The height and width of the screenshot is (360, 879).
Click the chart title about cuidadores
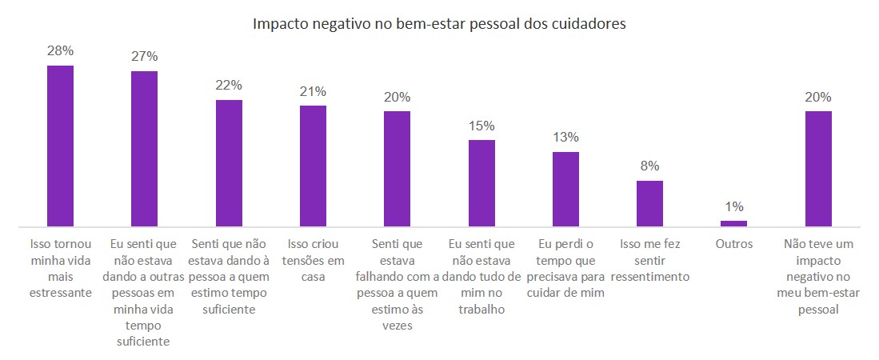coord(439,24)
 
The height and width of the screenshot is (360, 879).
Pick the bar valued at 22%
coord(229,163)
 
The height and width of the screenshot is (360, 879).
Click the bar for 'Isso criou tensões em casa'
coord(313,166)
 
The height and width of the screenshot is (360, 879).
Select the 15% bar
coord(481,183)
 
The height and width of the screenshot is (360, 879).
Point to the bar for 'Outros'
coord(733,224)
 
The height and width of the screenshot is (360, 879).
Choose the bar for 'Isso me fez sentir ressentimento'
coord(649,204)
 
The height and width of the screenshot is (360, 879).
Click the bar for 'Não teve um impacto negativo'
coord(818,169)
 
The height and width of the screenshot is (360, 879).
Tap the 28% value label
coord(61,50)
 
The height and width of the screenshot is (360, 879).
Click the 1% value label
coord(733,206)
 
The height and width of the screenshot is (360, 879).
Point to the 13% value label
coord(565,137)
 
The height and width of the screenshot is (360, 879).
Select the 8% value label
coord(649,166)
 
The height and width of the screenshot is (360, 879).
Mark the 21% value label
coord(313,90)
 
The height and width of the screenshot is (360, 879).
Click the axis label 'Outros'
coord(733,244)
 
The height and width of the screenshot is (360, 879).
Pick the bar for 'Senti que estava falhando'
coord(398,169)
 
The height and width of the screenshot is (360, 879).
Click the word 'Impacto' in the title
coord(279,24)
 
